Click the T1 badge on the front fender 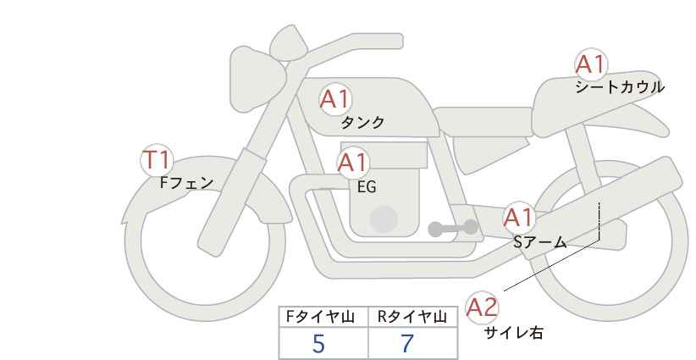tap(157, 160)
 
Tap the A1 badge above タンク tap(335, 99)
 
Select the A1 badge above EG tap(353, 163)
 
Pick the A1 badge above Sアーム tap(519, 218)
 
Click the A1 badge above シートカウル tap(591, 64)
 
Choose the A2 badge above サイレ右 tap(482, 307)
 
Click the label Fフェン tap(186, 183)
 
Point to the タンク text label tap(362, 123)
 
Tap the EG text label tap(367, 187)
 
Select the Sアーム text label tap(539, 242)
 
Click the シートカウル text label tap(620, 87)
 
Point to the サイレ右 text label tap(514, 333)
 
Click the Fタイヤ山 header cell tap(323, 317)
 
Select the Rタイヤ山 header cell tap(413, 317)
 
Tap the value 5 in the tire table tap(318, 344)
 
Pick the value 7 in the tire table tap(407, 344)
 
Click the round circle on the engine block tap(384, 219)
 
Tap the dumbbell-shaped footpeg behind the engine tap(453, 228)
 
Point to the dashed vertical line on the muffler tap(599, 220)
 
